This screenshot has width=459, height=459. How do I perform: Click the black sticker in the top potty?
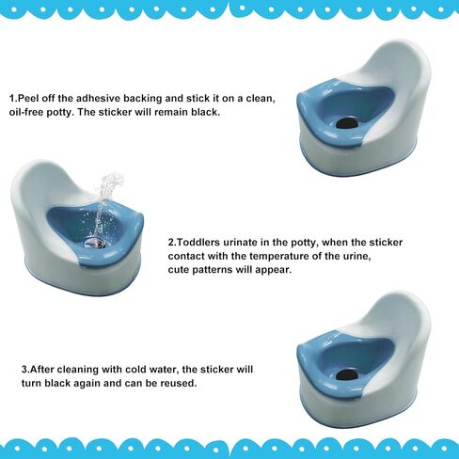pos(347,123)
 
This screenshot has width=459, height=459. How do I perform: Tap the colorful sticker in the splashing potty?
pos(94,244)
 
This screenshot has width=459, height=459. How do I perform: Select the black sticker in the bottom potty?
pos(347,374)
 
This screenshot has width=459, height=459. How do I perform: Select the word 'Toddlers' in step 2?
pos(198,243)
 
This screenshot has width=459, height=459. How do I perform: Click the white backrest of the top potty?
pos(398,69)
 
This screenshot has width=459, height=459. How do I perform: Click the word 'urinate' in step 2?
pos(241,243)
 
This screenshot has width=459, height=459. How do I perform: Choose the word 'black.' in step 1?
pos(205,112)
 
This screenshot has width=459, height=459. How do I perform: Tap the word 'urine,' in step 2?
pos(356,256)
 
